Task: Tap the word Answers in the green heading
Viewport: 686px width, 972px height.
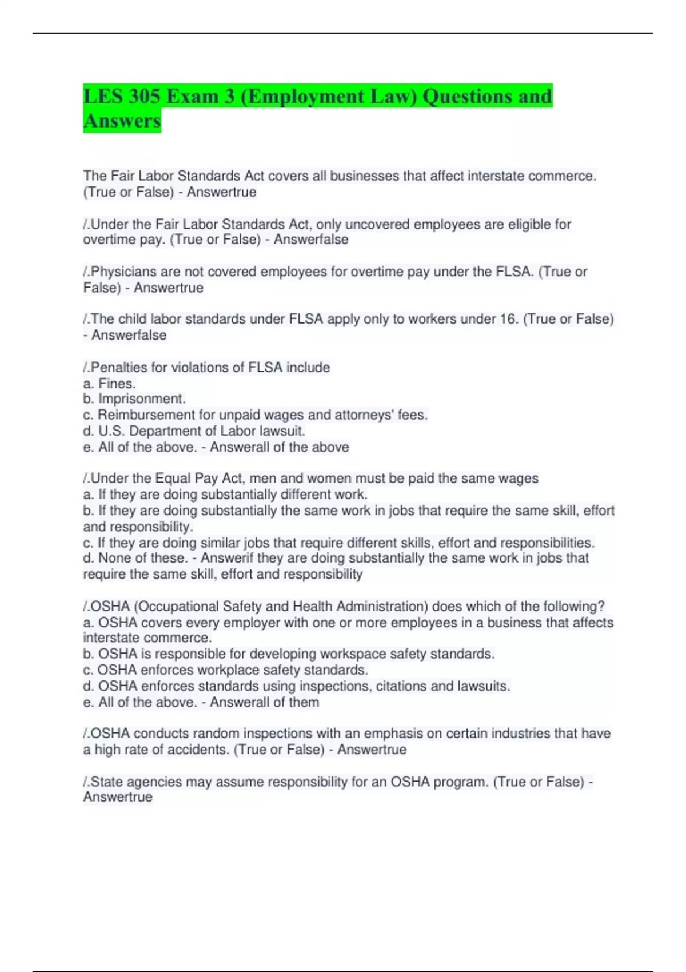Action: [x=122, y=121]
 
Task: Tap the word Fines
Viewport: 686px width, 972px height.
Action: [x=117, y=383]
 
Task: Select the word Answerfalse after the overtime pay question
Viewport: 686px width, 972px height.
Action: [x=311, y=240]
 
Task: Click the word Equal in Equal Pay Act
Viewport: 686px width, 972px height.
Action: [x=173, y=478]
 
